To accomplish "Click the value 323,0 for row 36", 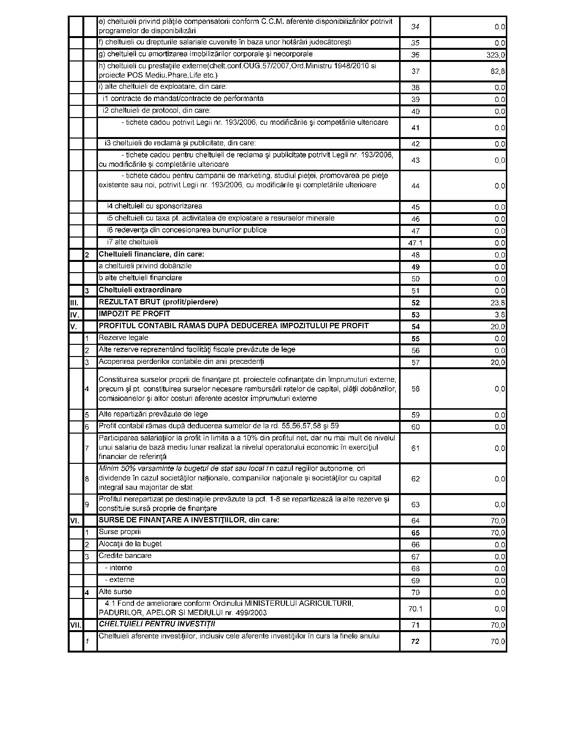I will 495,55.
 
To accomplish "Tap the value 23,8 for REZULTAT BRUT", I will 498,302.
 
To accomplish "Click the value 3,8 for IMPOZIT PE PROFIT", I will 499,315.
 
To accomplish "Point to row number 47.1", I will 415,243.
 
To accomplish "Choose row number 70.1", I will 415,609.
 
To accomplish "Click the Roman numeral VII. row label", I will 76,625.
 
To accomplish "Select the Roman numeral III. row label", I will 74,302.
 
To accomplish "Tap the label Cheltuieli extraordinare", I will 140,290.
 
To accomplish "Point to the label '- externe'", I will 119,579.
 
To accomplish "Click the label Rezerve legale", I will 123,338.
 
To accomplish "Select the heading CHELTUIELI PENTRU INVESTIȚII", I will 157,624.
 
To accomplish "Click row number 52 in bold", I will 415,303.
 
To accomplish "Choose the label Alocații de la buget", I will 130,544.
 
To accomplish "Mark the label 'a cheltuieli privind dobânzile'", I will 145,266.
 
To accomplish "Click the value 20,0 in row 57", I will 498,362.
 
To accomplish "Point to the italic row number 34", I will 415,26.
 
